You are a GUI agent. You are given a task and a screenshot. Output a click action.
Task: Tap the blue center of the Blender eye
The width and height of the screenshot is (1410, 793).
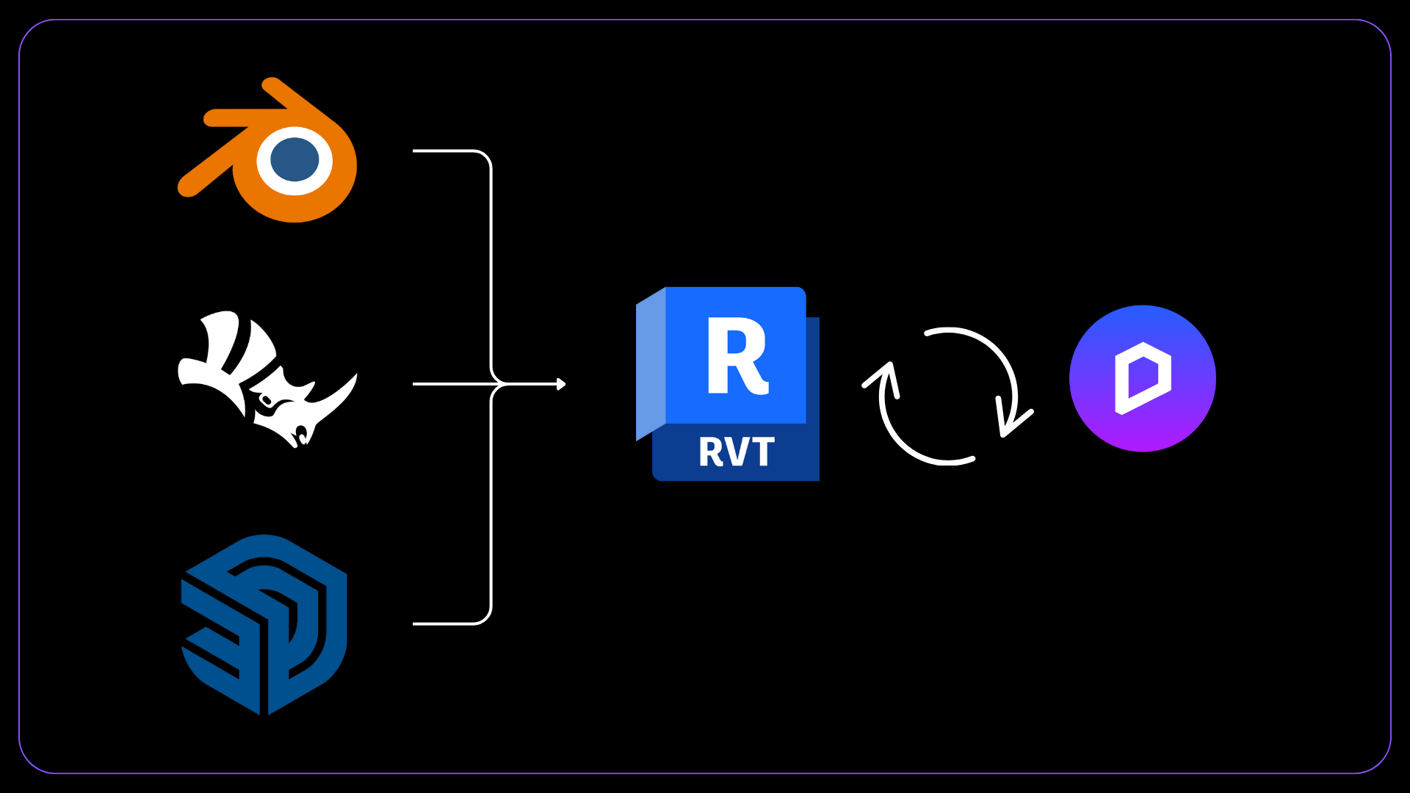click(x=294, y=159)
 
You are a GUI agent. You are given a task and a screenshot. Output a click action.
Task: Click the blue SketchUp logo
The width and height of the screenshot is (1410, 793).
click(x=264, y=624)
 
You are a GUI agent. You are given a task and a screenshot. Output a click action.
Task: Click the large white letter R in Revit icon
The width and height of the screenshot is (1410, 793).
click(x=736, y=357)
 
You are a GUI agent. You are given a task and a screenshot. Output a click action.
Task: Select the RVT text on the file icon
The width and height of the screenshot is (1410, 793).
click(x=736, y=452)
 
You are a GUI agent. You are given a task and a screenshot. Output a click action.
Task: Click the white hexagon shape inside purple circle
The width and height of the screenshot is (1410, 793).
click(x=1143, y=378)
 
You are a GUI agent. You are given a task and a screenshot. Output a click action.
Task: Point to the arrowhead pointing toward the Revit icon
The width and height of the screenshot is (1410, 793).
click(x=561, y=384)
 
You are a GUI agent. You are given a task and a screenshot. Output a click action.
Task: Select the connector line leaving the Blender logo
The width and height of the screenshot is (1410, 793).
click(x=448, y=151)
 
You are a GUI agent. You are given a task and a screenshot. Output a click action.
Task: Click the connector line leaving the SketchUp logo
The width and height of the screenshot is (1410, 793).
click(x=448, y=624)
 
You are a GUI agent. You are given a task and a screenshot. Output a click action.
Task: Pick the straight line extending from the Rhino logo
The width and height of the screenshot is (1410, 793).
click(x=448, y=384)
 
